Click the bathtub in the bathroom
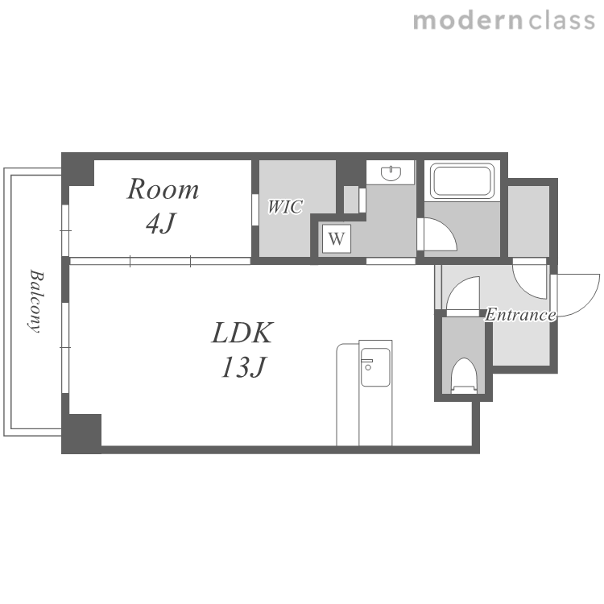(x=462, y=181)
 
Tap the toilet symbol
(x=464, y=375)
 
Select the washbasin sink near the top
(x=391, y=173)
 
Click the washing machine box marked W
(x=337, y=239)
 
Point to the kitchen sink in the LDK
(x=374, y=366)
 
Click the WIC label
(x=285, y=207)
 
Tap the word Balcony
(x=36, y=300)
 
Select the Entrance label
(x=520, y=315)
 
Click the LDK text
(x=242, y=333)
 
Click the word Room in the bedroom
(x=163, y=189)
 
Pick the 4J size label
(x=161, y=223)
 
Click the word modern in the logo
(x=468, y=20)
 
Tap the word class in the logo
(x=561, y=20)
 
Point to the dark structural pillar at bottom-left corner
(x=81, y=434)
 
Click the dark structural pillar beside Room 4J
(x=78, y=169)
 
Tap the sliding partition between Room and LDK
(x=160, y=261)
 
